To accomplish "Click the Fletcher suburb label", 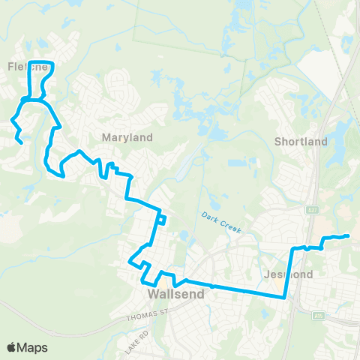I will coord(28,66).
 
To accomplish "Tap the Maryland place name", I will coord(127,137).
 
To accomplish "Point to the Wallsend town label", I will coord(177,295).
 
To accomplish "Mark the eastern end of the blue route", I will coord(349,237).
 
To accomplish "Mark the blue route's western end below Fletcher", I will coord(20,142).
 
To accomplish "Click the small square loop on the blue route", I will coord(161,219).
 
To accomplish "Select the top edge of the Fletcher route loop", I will coord(39,61).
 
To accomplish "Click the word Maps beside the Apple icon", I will coord(34,347).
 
